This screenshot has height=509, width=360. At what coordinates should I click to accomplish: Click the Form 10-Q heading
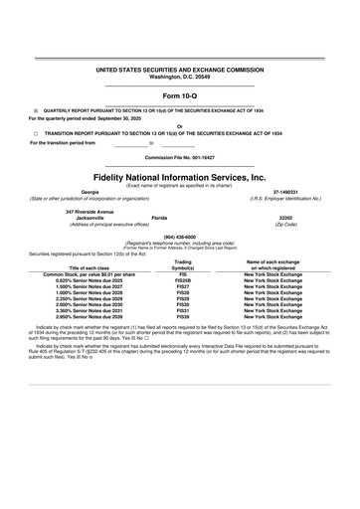coord(179,94)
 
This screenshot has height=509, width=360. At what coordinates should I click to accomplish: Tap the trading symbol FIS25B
coord(182,280)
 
